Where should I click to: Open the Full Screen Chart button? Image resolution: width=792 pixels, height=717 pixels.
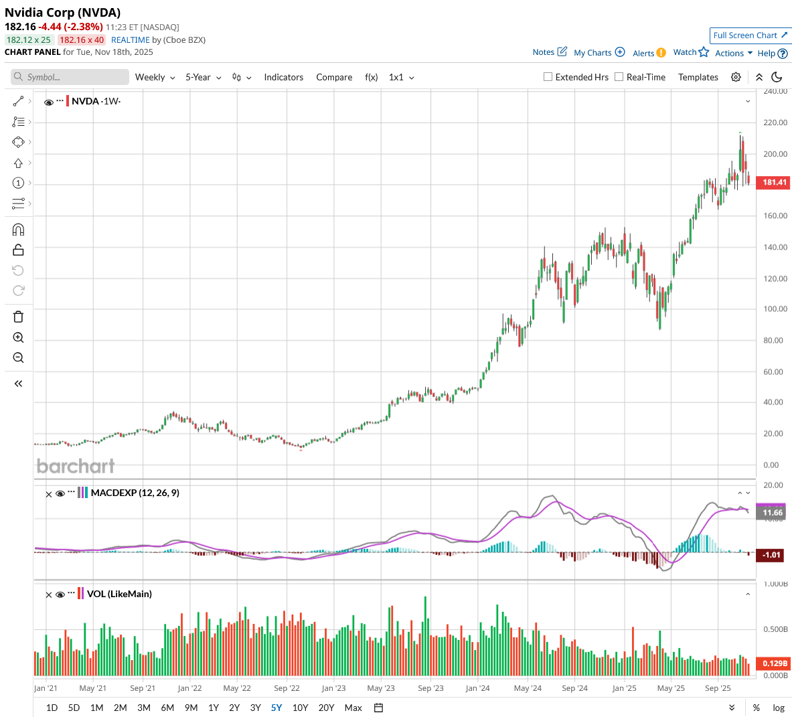pos(750,35)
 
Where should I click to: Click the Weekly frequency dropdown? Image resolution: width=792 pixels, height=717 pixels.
pos(155,78)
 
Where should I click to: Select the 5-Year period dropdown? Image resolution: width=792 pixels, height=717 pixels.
pos(203,78)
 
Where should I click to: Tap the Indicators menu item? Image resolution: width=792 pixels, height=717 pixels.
pos(283,78)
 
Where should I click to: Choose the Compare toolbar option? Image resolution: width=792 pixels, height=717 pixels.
pos(334,78)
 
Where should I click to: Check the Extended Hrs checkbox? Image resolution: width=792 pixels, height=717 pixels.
pos(548,77)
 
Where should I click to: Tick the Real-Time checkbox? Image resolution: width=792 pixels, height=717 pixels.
pos(619,77)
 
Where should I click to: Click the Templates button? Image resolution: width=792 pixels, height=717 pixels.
pos(698,78)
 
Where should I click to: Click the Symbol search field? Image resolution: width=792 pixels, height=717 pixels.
pos(70,77)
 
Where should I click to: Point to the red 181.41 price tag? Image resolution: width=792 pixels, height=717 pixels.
pos(773,182)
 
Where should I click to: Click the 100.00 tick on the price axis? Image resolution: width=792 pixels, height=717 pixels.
pos(775,309)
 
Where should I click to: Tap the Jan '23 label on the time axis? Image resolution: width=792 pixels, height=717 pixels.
pos(333,688)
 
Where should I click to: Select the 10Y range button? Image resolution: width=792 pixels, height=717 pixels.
pos(300,708)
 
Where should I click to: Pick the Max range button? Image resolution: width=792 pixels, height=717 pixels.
pos(353,708)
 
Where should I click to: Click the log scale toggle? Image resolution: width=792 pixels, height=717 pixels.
pos(778,708)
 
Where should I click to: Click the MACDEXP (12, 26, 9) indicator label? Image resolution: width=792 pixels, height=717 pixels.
pos(135,493)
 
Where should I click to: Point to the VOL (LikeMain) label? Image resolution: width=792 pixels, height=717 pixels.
pos(119,594)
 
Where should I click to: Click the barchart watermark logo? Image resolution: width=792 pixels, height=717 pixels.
pos(76,466)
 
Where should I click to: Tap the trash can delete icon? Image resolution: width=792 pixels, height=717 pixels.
pos(18,317)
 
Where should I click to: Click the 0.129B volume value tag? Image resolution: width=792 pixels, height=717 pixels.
pos(775,663)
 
